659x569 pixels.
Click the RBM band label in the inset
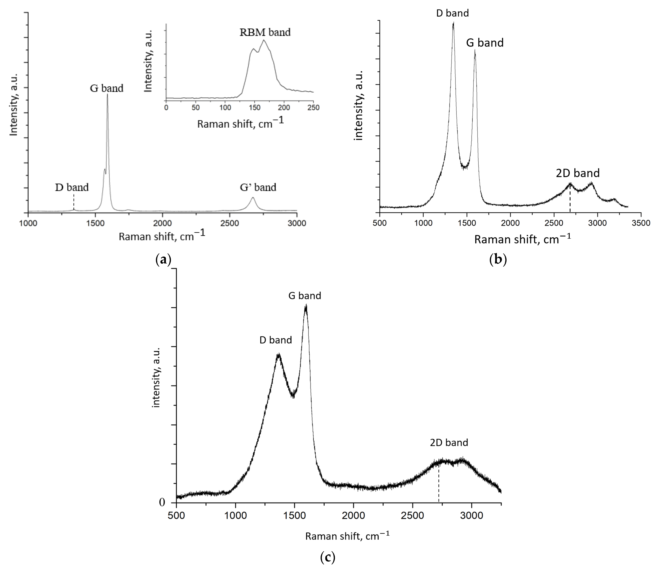[265, 32]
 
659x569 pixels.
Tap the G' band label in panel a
[258, 187]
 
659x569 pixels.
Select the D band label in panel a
[72, 187]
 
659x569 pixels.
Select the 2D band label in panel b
[578, 173]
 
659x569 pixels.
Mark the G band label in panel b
[485, 43]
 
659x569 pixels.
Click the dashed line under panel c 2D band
[439, 484]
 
